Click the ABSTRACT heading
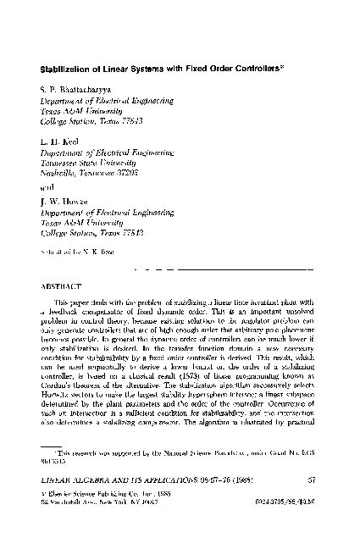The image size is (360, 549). pyautogui.click(x=64, y=287)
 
